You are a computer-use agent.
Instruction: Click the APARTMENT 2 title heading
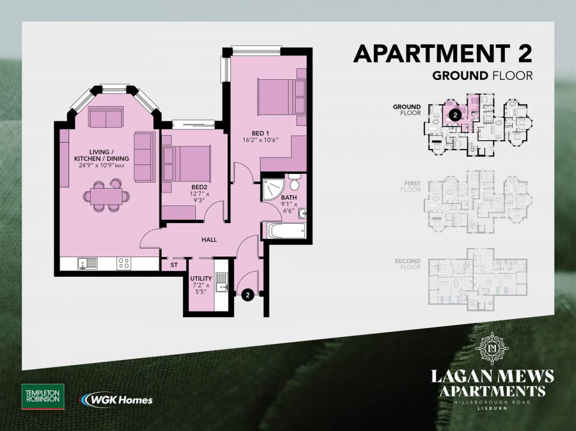pyautogui.click(x=443, y=53)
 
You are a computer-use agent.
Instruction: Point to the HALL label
pyautogui.click(x=209, y=240)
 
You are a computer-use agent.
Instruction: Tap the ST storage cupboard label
pyautogui.click(x=173, y=264)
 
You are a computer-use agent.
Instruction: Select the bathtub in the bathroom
pyautogui.click(x=285, y=231)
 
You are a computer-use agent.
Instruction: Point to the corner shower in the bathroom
pyautogui.click(x=272, y=189)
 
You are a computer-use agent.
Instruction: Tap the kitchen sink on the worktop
pyautogui.click(x=86, y=263)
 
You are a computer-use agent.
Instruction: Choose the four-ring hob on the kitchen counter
pyautogui.click(x=124, y=263)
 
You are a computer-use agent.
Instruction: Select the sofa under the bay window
pyautogui.click(x=106, y=117)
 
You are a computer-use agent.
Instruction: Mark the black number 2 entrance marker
pyautogui.click(x=247, y=295)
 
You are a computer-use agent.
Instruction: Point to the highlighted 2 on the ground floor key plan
pyautogui.click(x=454, y=116)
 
